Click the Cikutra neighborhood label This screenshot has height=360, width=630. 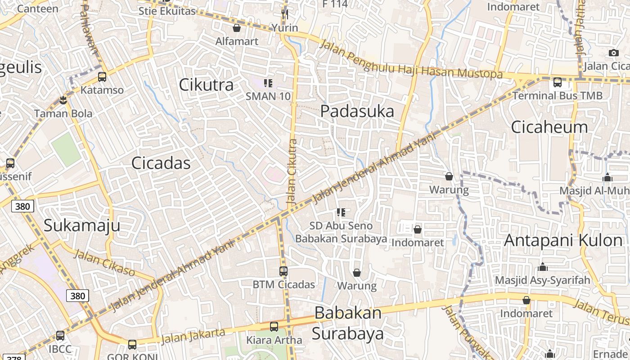coord(206,85)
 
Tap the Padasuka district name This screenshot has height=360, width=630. coord(357,111)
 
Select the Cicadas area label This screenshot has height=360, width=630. coord(161,163)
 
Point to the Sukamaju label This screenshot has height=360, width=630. coord(82,225)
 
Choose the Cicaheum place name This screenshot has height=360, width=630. coord(549,127)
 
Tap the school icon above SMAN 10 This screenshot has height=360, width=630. coord(268,83)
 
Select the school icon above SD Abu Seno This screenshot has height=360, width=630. coord(341,212)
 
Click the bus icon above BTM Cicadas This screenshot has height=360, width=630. coord(283,271)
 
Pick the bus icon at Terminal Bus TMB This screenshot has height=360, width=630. coord(558,82)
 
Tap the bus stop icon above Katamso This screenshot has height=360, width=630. coord(102,77)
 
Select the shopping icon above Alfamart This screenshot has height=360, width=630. coord(237,28)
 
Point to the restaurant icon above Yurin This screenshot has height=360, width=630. coord(284,14)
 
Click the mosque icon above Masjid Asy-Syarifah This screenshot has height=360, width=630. coord(542,267)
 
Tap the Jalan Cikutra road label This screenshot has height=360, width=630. coord(292,172)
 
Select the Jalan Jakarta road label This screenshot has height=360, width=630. coord(193,336)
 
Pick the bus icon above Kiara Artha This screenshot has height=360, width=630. coord(274,327)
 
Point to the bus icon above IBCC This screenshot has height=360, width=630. coord(60,336)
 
